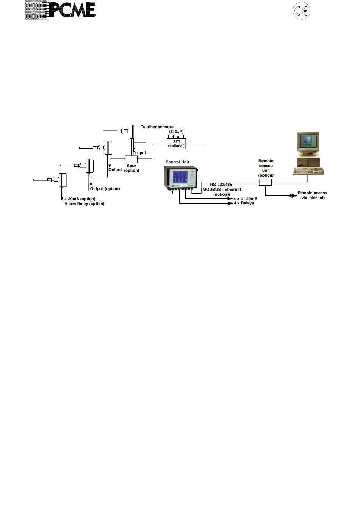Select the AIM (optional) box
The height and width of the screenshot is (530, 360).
click(x=176, y=143)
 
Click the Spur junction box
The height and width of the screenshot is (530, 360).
click(x=131, y=159)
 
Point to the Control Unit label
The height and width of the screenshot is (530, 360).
click(x=177, y=162)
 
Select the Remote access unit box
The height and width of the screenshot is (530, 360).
click(x=265, y=182)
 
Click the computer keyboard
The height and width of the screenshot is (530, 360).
click(x=309, y=171)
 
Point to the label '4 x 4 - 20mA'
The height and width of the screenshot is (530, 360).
click(x=245, y=199)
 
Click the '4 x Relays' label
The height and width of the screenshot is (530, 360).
click(x=244, y=203)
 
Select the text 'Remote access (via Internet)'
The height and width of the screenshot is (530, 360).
click(x=312, y=195)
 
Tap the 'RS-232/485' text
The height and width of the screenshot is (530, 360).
click(x=221, y=185)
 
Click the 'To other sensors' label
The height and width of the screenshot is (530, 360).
click(x=157, y=127)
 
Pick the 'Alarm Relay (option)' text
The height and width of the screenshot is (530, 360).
click(x=84, y=204)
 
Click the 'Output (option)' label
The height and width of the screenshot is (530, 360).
click(x=105, y=189)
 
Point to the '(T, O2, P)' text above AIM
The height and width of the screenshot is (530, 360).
click(x=176, y=131)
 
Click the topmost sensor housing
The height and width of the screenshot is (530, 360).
click(x=133, y=132)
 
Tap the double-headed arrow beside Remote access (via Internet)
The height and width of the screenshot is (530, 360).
click(x=292, y=196)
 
